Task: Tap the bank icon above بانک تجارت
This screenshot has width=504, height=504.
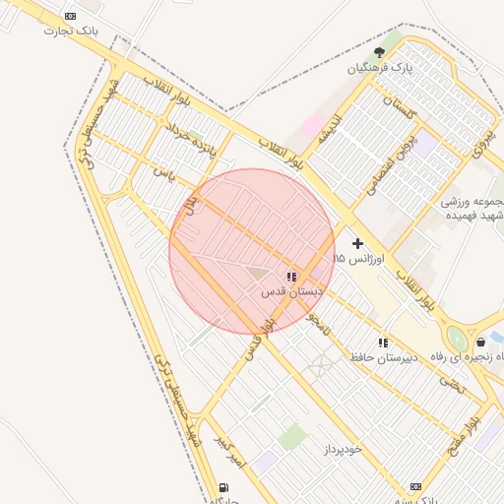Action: (x=70, y=16)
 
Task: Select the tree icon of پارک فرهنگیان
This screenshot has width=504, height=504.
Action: (x=380, y=52)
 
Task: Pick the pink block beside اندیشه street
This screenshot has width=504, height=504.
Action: (x=312, y=126)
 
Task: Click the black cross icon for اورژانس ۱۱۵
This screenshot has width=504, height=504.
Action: (x=356, y=242)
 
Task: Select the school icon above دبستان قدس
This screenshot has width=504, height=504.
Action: (x=290, y=278)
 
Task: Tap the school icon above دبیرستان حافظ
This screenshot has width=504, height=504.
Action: (x=383, y=343)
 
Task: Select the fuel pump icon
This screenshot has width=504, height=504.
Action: (x=225, y=486)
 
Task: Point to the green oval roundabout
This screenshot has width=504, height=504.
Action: (x=457, y=339)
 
